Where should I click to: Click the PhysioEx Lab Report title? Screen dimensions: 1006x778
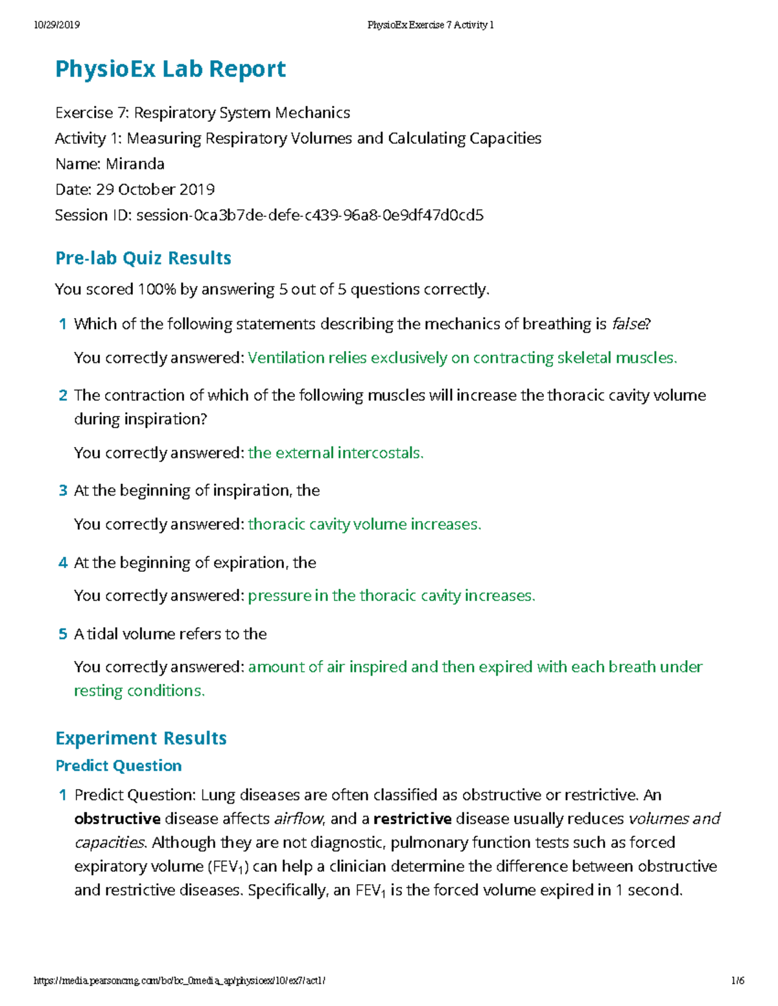(x=171, y=69)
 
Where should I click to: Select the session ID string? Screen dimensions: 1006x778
(x=310, y=215)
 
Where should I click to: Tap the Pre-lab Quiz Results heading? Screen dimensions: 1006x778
(x=143, y=258)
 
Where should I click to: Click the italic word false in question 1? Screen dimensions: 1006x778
(x=628, y=324)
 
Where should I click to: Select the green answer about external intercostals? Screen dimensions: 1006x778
(x=335, y=453)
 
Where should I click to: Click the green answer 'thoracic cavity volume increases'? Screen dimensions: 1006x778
(x=364, y=524)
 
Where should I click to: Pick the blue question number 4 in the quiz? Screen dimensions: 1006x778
(x=63, y=563)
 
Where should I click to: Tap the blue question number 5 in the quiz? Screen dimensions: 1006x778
(x=63, y=634)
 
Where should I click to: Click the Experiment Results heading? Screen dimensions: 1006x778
(x=141, y=738)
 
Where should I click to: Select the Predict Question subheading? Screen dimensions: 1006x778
(x=119, y=766)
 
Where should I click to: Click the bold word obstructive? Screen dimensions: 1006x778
(x=117, y=819)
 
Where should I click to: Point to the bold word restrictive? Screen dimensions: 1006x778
(x=412, y=819)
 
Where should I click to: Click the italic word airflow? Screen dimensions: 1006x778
(x=299, y=819)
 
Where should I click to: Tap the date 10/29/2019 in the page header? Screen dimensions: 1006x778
(x=56, y=25)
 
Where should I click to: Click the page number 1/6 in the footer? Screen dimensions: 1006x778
(x=737, y=981)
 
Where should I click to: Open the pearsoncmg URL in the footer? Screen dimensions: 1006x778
(x=180, y=981)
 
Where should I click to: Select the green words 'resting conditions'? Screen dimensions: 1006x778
(x=139, y=691)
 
